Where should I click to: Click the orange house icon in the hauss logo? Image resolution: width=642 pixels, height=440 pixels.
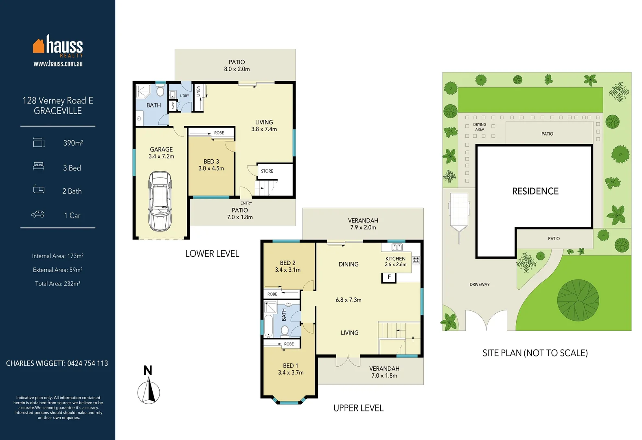click(x=39, y=46)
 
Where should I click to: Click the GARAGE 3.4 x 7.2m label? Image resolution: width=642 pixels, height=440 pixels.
click(x=161, y=153)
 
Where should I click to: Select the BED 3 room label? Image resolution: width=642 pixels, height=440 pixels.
click(x=211, y=165)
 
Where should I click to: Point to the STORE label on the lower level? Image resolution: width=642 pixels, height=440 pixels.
click(x=267, y=171)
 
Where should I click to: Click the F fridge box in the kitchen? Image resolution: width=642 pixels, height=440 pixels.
click(x=389, y=277)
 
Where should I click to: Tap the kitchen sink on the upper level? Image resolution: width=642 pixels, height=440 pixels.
click(x=397, y=247)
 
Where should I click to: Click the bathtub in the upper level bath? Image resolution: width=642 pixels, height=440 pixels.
click(x=269, y=326)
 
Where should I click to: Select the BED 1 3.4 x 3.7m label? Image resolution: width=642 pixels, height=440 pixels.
click(x=291, y=369)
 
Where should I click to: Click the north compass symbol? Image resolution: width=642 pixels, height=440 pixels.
click(x=149, y=391)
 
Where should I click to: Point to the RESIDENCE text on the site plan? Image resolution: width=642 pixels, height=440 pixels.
click(x=535, y=191)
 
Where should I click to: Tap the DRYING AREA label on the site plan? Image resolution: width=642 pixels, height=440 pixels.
click(x=480, y=127)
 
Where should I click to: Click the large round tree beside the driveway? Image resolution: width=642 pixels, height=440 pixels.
click(x=578, y=300)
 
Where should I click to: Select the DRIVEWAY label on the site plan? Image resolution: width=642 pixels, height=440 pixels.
click(x=480, y=284)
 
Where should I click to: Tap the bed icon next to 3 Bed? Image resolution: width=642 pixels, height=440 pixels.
click(x=39, y=167)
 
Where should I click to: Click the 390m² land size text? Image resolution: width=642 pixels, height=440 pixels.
click(x=73, y=143)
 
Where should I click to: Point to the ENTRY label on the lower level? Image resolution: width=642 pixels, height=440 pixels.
click(x=246, y=203)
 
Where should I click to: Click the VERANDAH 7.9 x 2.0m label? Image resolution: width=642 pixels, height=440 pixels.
click(x=363, y=224)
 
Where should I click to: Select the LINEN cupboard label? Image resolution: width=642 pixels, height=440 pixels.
click(x=198, y=91)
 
